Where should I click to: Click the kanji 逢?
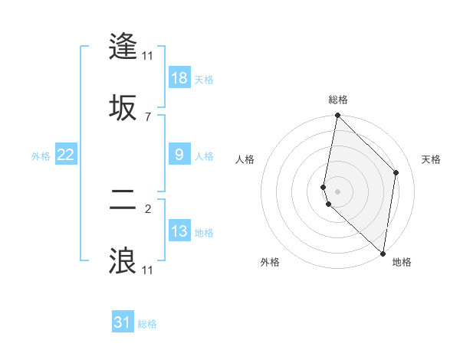point(123,46)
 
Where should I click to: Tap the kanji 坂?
point(123,108)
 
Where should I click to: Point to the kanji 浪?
point(123,261)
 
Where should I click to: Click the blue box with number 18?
point(179,78)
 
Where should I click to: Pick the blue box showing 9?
point(179,155)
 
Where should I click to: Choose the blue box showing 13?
point(179,231)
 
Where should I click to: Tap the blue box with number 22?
point(66,155)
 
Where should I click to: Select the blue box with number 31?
point(123,323)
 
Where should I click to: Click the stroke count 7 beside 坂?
point(148,116)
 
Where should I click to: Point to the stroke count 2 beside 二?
point(148,208)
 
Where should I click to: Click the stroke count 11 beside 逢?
point(148,55)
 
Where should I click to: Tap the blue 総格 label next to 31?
point(147,324)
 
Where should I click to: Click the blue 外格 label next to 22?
point(41,156)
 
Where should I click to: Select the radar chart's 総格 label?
point(338,100)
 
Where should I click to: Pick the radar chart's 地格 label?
point(402,262)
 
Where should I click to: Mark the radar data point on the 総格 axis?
point(337,116)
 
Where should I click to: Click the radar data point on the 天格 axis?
point(396,172)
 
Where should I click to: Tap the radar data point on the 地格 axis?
point(383,254)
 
